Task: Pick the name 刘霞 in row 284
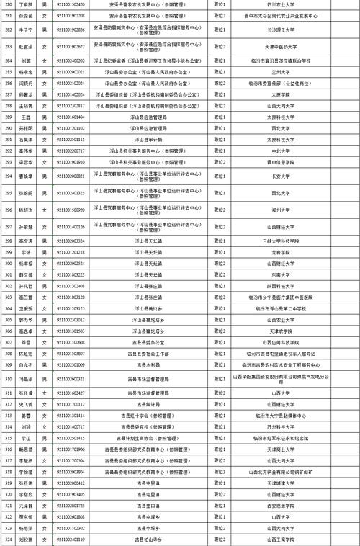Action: click(26, 62)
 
